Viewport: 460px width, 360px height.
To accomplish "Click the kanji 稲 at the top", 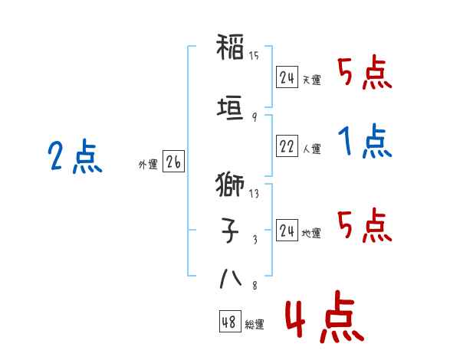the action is tap(230, 47).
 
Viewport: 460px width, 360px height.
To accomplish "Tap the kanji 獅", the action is tap(230, 185).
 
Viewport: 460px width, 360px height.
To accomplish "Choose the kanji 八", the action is tap(231, 279).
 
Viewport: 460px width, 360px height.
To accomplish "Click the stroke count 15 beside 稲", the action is tap(254, 55).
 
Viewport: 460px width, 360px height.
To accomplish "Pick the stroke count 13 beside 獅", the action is tap(254, 194).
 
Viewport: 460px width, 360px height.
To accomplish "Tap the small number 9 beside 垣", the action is tap(255, 117).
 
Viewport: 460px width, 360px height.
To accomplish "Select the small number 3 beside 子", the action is tap(255, 240).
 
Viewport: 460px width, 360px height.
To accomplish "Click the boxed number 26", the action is tap(173, 162).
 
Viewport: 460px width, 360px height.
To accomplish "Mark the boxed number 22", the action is tap(287, 146).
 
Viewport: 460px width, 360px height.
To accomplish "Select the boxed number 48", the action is tap(230, 322).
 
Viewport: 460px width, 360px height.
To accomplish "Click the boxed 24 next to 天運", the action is tap(287, 77).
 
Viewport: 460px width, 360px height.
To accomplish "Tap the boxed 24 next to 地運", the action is tap(287, 230).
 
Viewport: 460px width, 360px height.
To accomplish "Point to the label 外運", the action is tap(148, 165).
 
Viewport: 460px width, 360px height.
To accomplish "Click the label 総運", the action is tap(255, 325).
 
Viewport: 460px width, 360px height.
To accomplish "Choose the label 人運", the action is tap(312, 149).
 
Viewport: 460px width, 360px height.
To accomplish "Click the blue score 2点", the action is tap(75, 156).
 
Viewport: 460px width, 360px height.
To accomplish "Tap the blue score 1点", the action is tap(365, 141).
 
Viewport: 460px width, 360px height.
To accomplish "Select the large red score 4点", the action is tap(325, 316).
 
